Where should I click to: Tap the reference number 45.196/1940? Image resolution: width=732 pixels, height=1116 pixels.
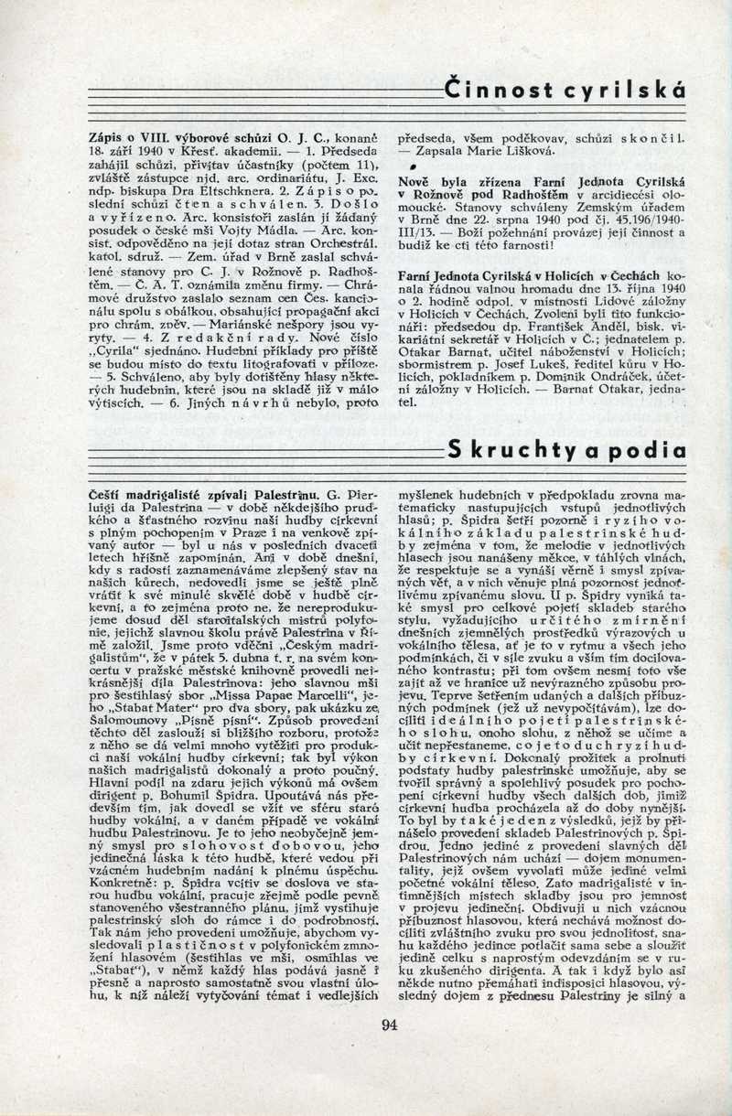[646, 220]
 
